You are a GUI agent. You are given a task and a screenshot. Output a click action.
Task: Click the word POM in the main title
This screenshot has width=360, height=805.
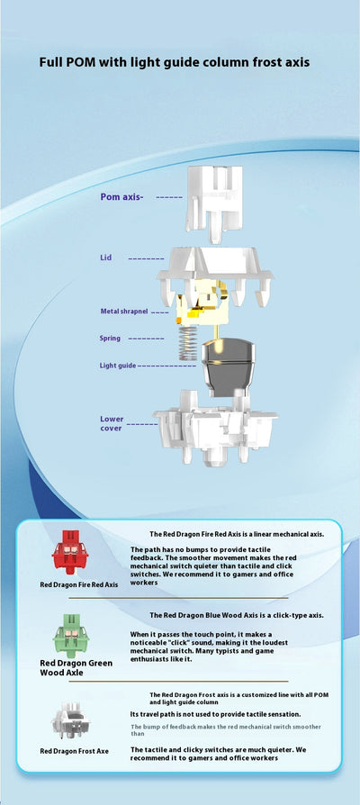pos(83,63)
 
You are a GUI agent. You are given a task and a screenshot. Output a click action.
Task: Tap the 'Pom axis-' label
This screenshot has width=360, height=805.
pos(122,196)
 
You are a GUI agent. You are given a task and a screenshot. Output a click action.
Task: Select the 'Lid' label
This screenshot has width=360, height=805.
pos(105,258)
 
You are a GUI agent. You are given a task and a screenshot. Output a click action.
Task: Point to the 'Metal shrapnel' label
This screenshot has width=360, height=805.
pos(124,312)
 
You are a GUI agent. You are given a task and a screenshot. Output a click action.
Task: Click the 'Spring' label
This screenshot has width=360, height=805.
pos(111,339)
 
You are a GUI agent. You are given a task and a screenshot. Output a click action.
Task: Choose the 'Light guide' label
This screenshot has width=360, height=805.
pos(118,366)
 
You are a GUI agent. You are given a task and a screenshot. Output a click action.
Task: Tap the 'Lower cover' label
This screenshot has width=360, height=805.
pos(112,423)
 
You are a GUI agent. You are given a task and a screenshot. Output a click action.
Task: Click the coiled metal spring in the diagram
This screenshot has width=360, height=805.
pos(188,343)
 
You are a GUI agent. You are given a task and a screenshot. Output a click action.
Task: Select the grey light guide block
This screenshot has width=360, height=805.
pos(228,367)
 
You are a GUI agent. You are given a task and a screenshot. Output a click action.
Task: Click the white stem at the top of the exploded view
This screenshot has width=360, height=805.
pos(214,204)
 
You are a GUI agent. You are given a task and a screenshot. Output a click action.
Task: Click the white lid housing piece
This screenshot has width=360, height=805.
pos(215,275)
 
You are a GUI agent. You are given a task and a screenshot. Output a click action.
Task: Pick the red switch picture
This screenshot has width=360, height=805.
pos(70,552)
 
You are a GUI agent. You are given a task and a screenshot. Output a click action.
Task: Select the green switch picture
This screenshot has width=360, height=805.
pos(71,635)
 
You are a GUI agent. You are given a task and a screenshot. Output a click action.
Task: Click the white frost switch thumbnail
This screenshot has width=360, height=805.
pos(71,719)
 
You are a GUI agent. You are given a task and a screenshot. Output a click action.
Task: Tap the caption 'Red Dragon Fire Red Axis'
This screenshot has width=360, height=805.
pos(79,584)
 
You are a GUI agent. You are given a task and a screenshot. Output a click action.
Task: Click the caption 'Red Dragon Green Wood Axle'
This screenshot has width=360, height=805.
pos(76,667)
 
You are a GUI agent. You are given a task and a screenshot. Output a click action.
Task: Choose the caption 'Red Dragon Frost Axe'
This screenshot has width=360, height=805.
pos(75,751)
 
